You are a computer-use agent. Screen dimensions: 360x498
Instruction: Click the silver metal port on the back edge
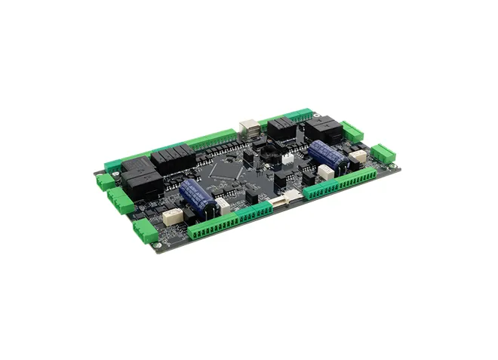tap(247, 128)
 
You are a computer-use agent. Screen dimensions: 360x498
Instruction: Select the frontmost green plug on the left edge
tap(145, 231)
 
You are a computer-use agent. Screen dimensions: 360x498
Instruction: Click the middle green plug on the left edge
tap(120, 201)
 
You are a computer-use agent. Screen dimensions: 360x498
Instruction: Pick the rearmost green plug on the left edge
tap(106, 180)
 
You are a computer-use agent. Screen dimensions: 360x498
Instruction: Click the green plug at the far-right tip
tap(383, 154)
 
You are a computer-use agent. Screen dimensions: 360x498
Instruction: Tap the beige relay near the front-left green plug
tap(173, 217)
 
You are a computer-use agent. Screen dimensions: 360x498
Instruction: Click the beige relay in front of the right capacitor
tap(326, 173)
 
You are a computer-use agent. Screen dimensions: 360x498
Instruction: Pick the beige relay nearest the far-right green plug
tap(358, 157)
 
